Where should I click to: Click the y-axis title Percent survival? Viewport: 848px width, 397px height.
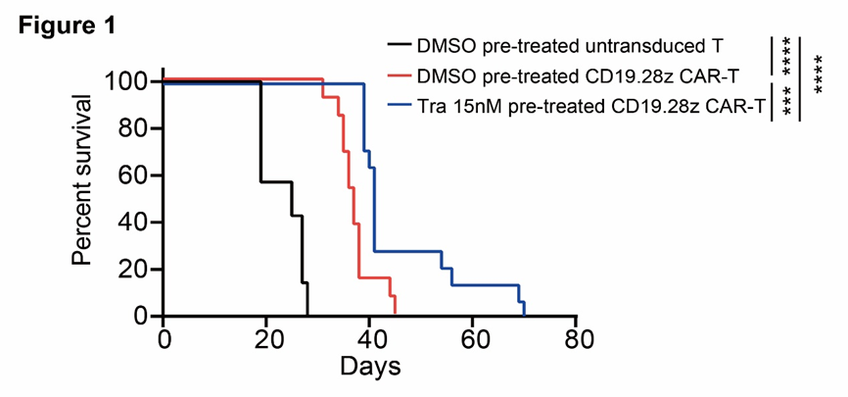point(85,179)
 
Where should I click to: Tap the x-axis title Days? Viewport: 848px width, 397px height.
point(369,368)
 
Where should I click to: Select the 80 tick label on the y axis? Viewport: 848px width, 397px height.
point(132,128)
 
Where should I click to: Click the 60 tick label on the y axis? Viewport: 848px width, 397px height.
point(132,175)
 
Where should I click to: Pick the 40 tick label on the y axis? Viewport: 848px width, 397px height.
point(132,223)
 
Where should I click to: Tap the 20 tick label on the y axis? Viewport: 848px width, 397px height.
point(132,270)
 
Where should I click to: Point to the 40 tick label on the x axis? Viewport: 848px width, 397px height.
point(370,339)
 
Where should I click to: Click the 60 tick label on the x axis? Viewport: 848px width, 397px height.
point(473,339)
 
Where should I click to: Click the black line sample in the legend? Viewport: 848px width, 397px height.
point(399,45)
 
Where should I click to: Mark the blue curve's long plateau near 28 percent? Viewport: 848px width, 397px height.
point(407,253)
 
